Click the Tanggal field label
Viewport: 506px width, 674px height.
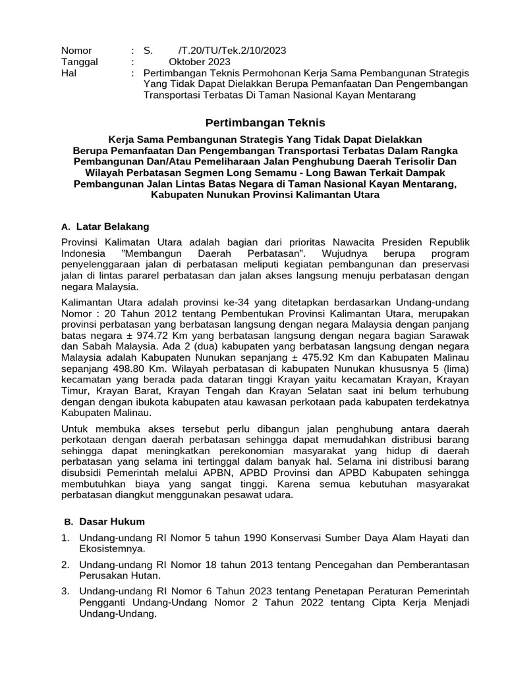[x=79, y=62]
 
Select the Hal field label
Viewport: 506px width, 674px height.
[x=69, y=73]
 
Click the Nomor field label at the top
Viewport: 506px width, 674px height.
[x=76, y=51]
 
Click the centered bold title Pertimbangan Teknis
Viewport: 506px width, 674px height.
[x=265, y=123]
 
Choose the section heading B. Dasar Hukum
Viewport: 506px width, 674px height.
[x=104, y=521]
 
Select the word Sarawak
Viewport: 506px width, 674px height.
[x=449, y=334]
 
